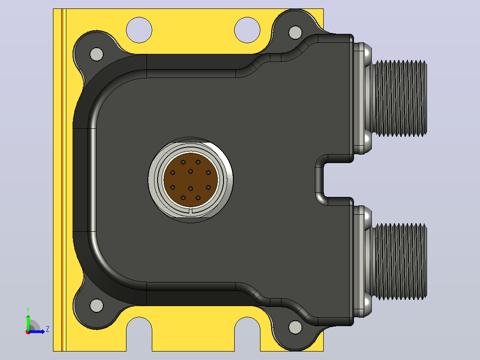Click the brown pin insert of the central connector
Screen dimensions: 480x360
191,180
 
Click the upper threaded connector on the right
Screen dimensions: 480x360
391,98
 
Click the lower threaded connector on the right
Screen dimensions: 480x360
391,262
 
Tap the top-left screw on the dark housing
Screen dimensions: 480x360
97,54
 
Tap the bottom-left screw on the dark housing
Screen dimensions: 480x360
97,306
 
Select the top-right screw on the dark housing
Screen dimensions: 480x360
295,33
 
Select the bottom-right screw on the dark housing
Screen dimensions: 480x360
295,327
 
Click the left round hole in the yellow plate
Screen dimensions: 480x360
139,30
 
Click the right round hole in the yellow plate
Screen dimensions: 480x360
248,30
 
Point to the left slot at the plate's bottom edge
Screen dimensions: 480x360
139,334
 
